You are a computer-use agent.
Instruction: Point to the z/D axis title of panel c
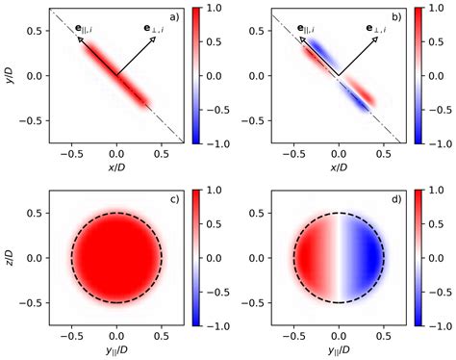8,257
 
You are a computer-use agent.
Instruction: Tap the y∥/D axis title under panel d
338,349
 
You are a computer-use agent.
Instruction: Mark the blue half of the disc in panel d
364,257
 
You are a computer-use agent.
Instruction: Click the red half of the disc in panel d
312,257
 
